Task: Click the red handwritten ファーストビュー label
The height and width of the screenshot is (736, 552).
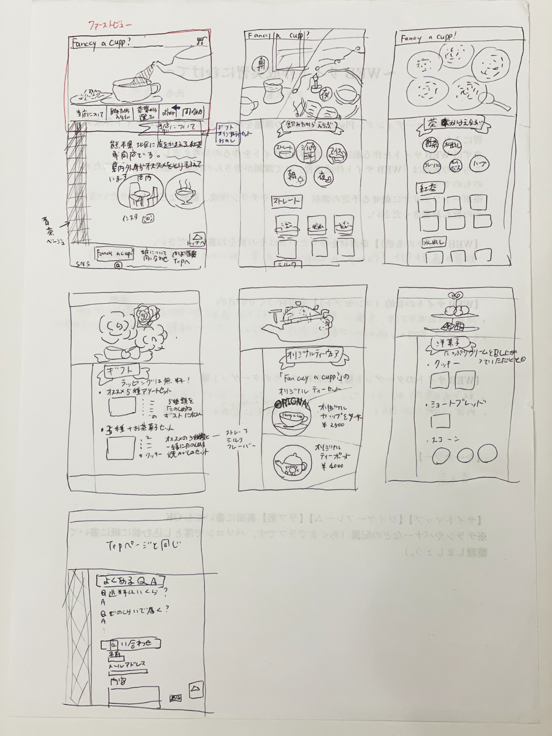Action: tap(110, 25)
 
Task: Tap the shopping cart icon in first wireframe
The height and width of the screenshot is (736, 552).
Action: tap(200, 42)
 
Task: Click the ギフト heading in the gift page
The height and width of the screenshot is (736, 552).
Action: tap(121, 371)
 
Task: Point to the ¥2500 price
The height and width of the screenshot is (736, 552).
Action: tap(333, 425)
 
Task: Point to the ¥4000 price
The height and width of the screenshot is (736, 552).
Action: tap(333, 466)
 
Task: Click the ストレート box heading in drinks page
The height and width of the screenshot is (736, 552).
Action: tap(287, 201)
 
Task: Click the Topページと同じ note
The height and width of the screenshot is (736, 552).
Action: tap(143, 545)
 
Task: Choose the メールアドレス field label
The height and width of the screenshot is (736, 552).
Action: tap(127, 664)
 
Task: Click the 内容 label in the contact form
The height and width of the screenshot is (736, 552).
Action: tap(118, 681)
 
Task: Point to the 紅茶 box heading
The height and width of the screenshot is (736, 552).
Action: tap(429, 188)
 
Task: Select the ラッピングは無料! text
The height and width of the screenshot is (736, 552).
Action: tap(155, 381)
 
